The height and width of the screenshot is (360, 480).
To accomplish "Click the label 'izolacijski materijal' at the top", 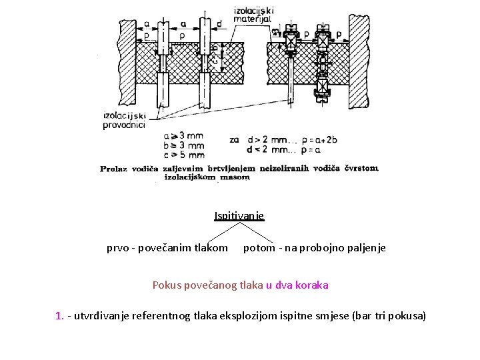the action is (253, 15).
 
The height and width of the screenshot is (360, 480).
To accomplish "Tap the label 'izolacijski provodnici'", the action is (124, 119).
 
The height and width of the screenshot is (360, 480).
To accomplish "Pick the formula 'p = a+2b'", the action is (320, 140).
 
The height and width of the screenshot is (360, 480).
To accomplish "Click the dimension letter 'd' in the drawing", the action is (219, 23).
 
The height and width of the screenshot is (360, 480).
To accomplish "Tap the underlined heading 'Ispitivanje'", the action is (239, 215).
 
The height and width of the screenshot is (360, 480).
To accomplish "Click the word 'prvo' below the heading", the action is (118, 248).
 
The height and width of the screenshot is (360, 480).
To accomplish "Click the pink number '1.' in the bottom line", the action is (59, 315).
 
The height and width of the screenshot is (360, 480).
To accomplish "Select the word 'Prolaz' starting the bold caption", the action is (114, 169).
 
